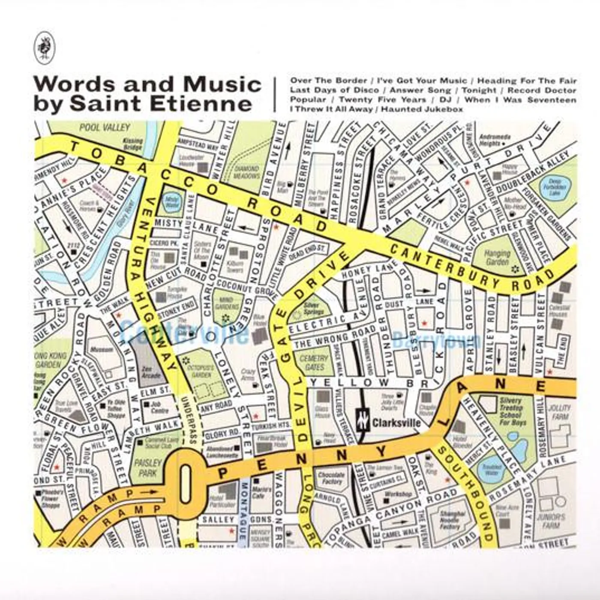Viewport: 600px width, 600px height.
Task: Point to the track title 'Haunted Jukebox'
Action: (422, 109)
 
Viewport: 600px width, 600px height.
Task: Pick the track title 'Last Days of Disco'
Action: (334, 90)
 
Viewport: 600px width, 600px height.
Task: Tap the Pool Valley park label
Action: (105, 127)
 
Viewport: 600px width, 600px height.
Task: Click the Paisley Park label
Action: (147, 468)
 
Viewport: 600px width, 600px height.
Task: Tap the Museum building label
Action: (102, 350)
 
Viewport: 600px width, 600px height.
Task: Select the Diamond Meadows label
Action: (247, 172)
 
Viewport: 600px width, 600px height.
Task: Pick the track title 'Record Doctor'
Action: (542, 90)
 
